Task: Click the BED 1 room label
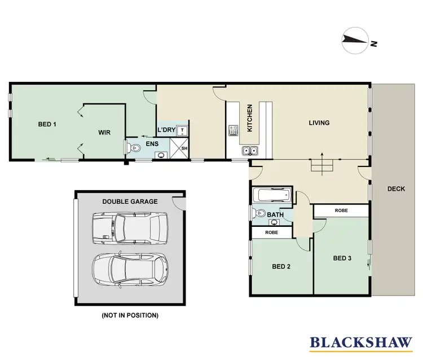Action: (47, 124)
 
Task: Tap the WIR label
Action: (104, 132)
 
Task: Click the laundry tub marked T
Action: (182, 131)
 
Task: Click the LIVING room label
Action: (319, 122)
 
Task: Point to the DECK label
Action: (396, 189)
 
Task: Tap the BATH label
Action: (275, 215)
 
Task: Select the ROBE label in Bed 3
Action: (341, 210)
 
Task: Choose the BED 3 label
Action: (342, 258)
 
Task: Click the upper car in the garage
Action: (130, 227)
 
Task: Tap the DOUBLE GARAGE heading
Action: (130, 201)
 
